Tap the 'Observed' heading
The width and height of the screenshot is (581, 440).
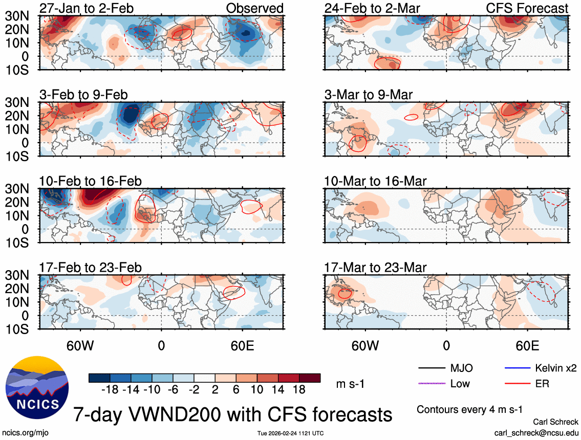pyautogui.click(x=255, y=8)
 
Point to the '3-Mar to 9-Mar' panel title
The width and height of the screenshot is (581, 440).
pyautogui.click(x=369, y=94)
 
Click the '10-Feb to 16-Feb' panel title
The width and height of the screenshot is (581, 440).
pyautogui.click(x=91, y=181)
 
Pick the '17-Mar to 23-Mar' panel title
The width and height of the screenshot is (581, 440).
pyautogui.click(x=375, y=268)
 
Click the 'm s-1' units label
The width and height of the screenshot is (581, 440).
pyautogui.click(x=352, y=384)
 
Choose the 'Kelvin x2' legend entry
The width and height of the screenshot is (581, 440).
pyautogui.click(x=555, y=368)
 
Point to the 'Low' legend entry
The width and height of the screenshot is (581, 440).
pyautogui.click(x=460, y=383)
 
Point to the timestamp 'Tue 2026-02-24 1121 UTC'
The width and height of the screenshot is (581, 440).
pyautogui.click(x=290, y=433)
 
